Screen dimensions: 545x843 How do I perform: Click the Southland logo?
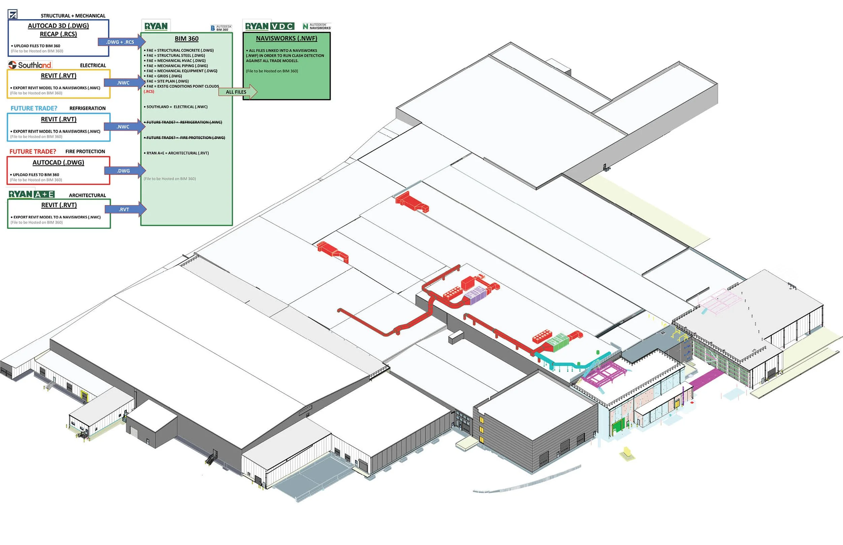coord(30,65)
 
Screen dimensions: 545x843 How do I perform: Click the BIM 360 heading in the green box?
coord(186,39)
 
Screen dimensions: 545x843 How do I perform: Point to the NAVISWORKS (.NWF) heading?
coord(287,38)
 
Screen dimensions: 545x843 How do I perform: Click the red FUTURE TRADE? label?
coord(33,152)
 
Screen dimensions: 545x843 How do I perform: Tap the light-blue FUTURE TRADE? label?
coord(34,108)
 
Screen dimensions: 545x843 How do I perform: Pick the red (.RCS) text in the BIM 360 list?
coord(149,92)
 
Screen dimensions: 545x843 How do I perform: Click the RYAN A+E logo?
coord(31,194)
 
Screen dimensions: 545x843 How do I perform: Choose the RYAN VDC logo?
coord(269,26)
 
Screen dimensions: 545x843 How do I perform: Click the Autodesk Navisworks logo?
coord(317,26)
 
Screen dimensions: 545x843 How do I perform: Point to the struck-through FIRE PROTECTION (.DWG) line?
coord(184,138)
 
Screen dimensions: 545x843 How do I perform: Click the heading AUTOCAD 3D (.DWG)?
coord(58,26)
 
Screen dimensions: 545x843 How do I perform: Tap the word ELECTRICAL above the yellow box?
coord(93,65)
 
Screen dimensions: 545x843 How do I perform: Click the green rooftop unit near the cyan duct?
coord(557,342)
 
